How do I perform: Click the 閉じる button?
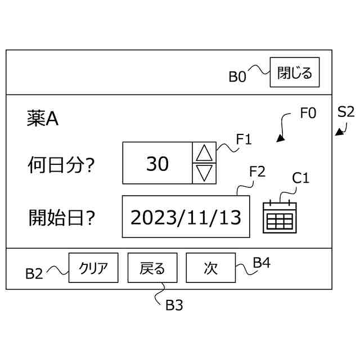[295, 73]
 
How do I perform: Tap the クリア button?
[93, 268]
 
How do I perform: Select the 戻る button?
[152, 268]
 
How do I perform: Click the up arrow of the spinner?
[205, 152]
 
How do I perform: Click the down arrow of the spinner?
[205, 173]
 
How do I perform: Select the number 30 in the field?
[157, 164]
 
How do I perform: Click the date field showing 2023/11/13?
[186, 217]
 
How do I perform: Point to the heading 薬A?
[43, 119]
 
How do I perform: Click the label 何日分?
[60, 165]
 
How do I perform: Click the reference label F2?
[257, 172]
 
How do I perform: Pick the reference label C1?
[301, 178]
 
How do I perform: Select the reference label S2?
[345, 111]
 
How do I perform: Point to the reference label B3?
[174, 305]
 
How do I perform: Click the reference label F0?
[308, 113]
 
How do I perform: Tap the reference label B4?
[262, 262]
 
